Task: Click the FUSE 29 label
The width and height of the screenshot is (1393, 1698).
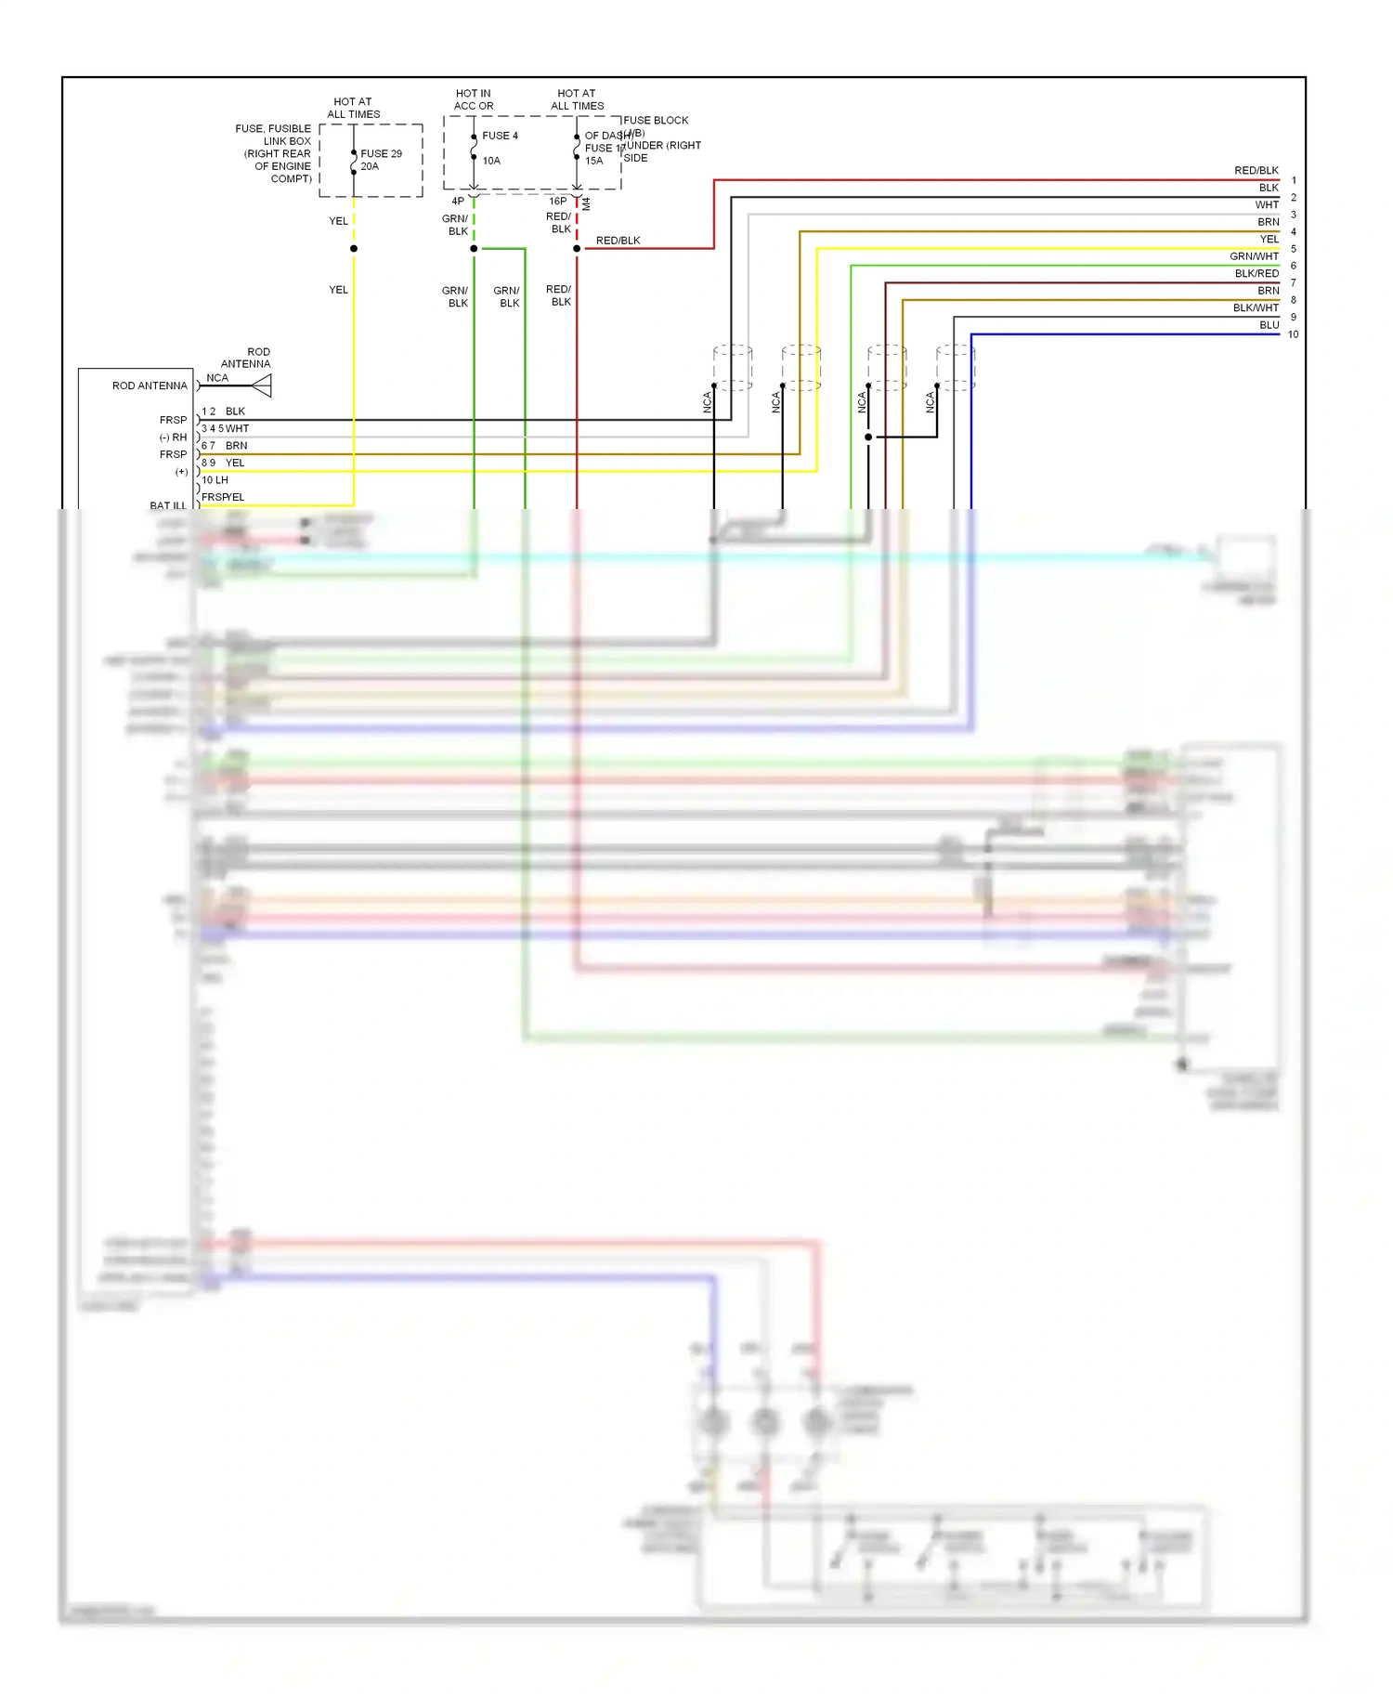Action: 381,154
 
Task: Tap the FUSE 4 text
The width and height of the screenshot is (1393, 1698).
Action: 500,136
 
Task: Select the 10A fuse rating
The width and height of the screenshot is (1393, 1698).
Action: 491,161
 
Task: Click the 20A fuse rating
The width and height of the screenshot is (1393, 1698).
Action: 370,167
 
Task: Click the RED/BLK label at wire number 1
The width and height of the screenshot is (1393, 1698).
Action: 1256,171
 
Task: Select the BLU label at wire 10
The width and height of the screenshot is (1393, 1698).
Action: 1269,325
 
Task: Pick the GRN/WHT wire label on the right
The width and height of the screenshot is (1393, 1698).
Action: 1254,256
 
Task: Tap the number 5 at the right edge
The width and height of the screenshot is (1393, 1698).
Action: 1293,249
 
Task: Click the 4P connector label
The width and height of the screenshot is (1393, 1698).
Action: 458,202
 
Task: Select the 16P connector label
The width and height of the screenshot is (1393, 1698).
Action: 557,202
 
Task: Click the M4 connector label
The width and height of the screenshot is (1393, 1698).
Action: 586,203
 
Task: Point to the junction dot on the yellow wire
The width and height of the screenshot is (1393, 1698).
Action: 354,249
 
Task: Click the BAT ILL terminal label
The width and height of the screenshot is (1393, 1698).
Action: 168,506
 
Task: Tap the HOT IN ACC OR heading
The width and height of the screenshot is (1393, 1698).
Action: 474,99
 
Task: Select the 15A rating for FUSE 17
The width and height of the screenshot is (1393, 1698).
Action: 593,161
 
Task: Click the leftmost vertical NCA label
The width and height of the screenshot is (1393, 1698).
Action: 707,402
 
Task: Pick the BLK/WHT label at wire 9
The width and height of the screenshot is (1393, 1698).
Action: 1256,308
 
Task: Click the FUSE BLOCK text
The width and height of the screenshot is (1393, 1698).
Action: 656,121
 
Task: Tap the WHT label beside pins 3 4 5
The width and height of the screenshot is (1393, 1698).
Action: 238,429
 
